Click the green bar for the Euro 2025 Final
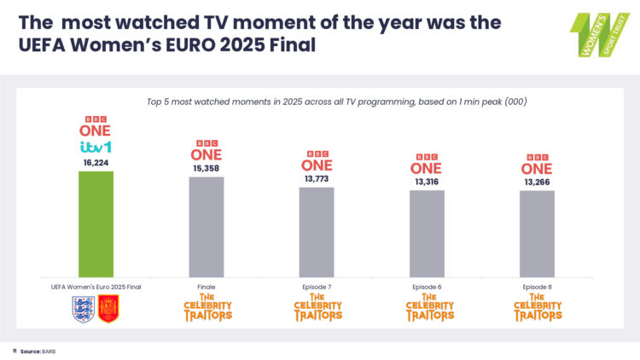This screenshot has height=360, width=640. (96, 224)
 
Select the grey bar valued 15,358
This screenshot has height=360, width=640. (207, 226)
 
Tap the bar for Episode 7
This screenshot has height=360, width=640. (317, 231)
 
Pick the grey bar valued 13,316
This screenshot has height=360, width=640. (427, 233)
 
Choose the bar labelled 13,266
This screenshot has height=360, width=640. (537, 233)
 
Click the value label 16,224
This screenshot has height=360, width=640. (96, 162)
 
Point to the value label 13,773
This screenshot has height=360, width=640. (317, 179)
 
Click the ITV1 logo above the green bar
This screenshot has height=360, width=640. (96, 147)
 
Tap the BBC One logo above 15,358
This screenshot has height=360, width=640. (207, 151)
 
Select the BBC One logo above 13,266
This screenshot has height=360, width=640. (537, 164)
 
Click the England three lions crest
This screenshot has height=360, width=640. (83, 309)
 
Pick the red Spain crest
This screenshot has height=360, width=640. (108, 309)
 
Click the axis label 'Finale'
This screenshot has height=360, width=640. (207, 287)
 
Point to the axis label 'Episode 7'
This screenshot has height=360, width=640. (317, 287)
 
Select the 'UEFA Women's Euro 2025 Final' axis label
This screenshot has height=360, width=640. (96, 287)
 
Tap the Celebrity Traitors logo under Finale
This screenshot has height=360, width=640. (207, 309)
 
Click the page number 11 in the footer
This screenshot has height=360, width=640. (15, 351)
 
